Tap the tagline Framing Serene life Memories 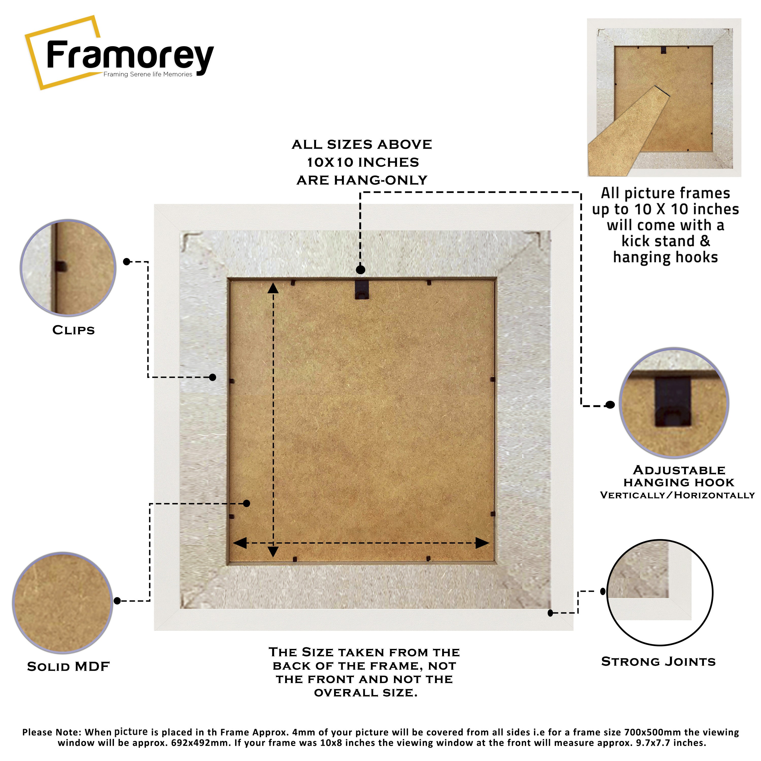(148, 74)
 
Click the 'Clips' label (74, 330)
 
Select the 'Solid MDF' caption (68, 666)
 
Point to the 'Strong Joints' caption (658, 661)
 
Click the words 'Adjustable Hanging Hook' (679, 476)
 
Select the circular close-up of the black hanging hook (674, 403)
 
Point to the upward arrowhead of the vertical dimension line (273, 288)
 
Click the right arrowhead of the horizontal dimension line (482, 543)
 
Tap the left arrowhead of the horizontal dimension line (240, 543)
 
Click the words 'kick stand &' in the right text (666, 241)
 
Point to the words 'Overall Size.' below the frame (366, 693)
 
